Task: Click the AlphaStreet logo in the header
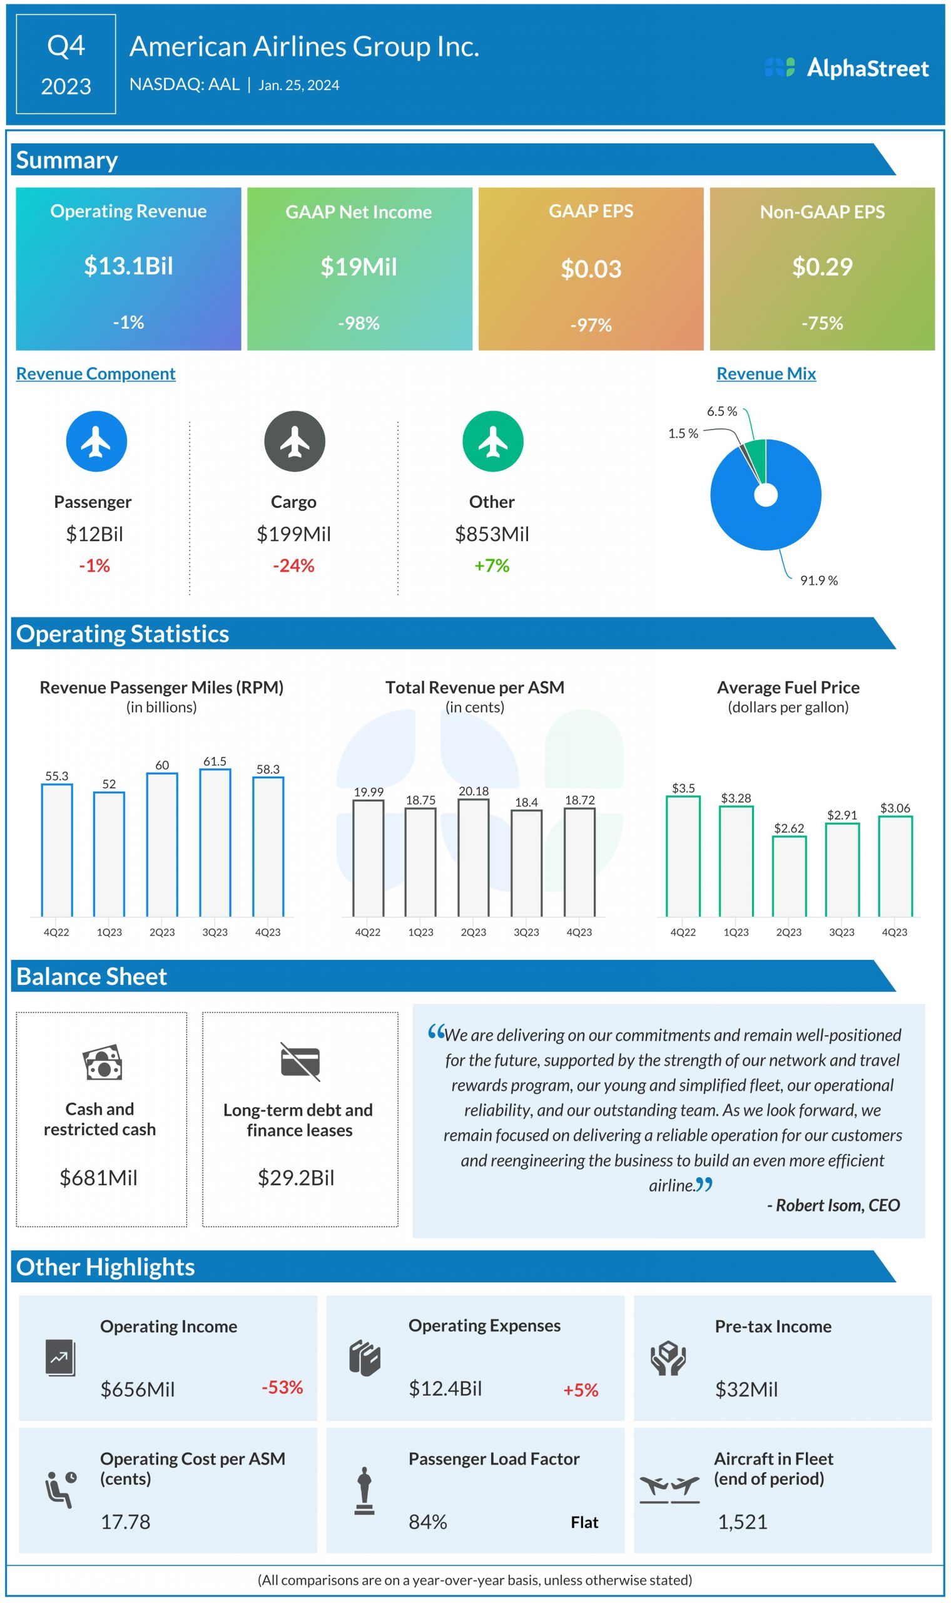coord(847,68)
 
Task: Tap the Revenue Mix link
coord(766,374)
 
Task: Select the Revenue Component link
coord(96,374)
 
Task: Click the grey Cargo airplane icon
coord(295,442)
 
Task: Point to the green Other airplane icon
coord(493,442)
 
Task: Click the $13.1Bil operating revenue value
coord(128,266)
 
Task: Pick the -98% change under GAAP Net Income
coord(359,323)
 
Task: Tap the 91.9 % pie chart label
coord(818,581)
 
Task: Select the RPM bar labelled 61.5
coord(215,843)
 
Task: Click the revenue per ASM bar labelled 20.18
coord(474,858)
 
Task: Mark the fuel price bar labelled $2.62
coord(789,877)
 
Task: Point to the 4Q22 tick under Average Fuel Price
coord(683,932)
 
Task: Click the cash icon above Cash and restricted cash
coord(102,1063)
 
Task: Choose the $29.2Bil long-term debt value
coord(296,1178)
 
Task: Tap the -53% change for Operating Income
coord(282,1388)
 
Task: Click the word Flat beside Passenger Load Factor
coord(584,1523)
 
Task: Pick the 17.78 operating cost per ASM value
coord(126,1522)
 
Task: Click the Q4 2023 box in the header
coord(66,64)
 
